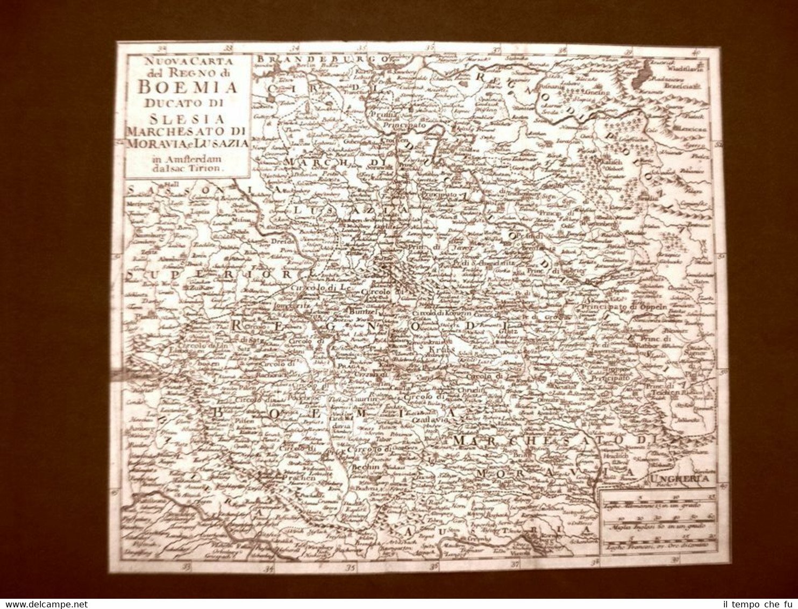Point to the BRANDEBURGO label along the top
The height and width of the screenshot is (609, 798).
pyautogui.click(x=323, y=59)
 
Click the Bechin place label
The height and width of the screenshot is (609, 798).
pyautogui.click(x=366, y=467)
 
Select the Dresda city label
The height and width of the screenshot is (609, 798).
pyautogui.click(x=281, y=241)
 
